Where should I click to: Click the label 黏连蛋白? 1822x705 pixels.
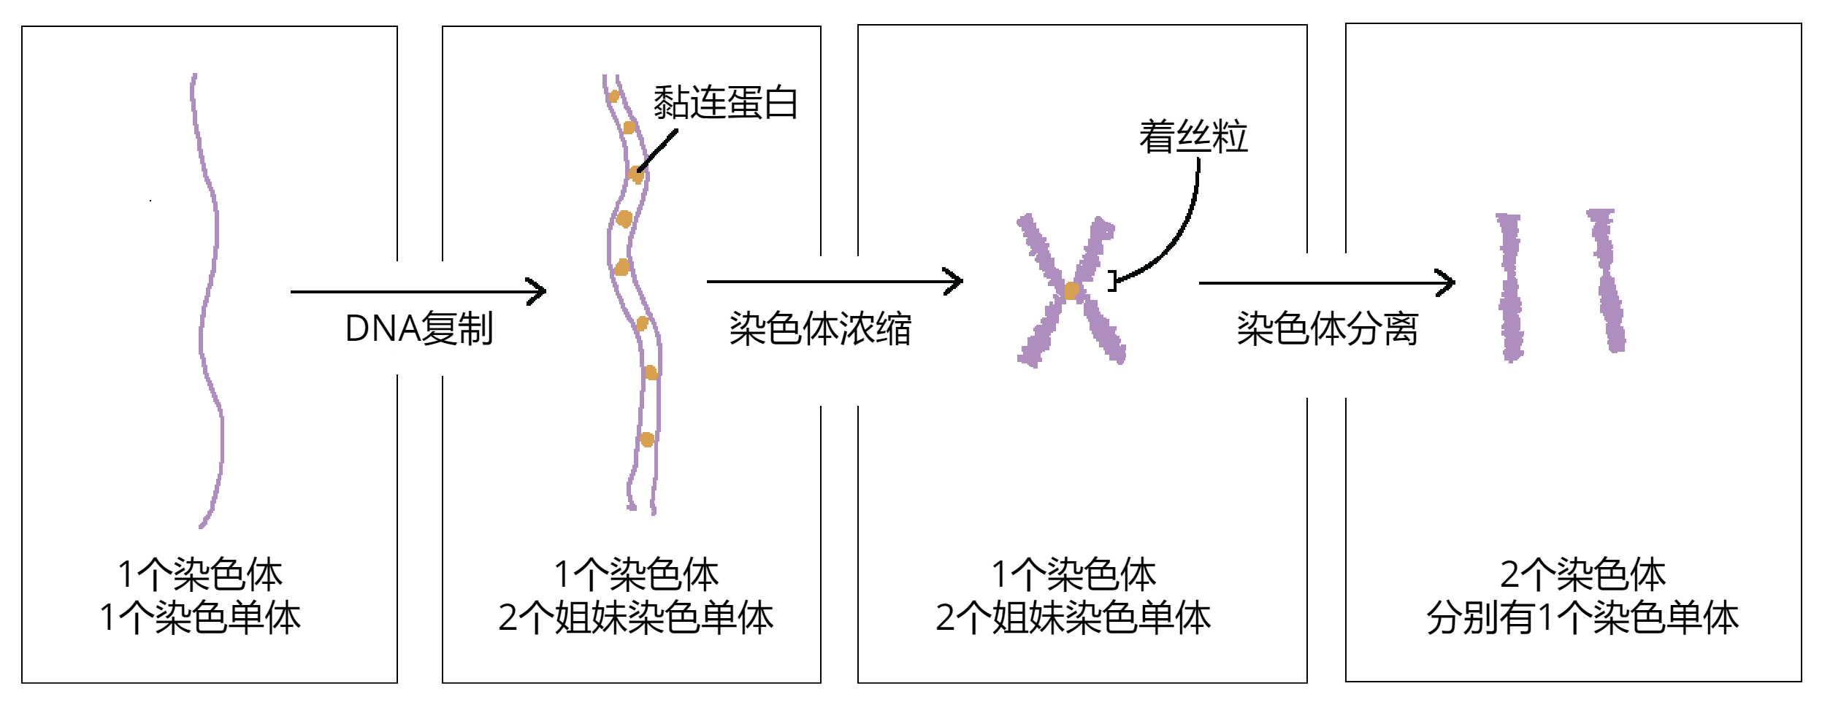click(x=724, y=102)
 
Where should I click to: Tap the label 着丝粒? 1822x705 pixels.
click(x=1193, y=136)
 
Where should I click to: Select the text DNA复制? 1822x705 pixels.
click(x=419, y=328)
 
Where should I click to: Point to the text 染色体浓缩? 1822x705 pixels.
click(x=820, y=328)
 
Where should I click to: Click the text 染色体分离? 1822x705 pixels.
click(x=1327, y=328)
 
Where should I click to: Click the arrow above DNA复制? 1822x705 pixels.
click(x=418, y=292)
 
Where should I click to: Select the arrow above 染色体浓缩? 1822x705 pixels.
click(x=834, y=281)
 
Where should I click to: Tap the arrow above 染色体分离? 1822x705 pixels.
click(x=1326, y=282)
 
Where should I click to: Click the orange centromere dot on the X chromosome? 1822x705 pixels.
click(x=1071, y=290)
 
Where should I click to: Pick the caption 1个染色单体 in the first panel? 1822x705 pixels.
click(x=200, y=617)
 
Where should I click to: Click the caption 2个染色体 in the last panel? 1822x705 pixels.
click(x=1582, y=574)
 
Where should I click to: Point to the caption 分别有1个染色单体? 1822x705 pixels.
click(x=1582, y=617)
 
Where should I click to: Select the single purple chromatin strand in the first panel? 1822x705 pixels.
click(x=210, y=292)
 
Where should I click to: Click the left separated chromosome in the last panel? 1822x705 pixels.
click(x=1509, y=286)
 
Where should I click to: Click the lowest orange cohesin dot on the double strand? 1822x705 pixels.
click(x=646, y=439)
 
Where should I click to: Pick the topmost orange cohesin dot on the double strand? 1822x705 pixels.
click(x=614, y=96)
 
